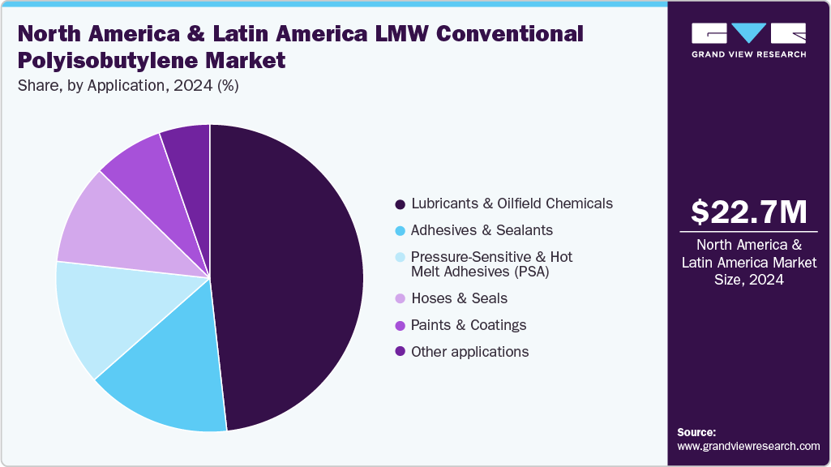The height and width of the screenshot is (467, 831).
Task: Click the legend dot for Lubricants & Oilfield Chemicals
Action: point(400,204)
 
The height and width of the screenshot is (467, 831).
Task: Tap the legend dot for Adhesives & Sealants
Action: point(400,230)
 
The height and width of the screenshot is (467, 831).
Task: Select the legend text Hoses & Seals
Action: point(459,298)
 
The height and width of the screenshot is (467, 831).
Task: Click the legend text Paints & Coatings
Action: point(469,325)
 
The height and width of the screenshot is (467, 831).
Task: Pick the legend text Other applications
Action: point(469,352)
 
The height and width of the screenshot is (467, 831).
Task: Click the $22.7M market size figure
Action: point(748,212)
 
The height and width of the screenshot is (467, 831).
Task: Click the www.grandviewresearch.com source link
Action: point(748,446)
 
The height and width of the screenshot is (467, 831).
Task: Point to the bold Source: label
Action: point(696,432)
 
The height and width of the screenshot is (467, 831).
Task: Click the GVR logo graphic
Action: point(748,33)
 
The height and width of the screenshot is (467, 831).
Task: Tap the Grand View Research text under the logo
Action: point(748,54)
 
